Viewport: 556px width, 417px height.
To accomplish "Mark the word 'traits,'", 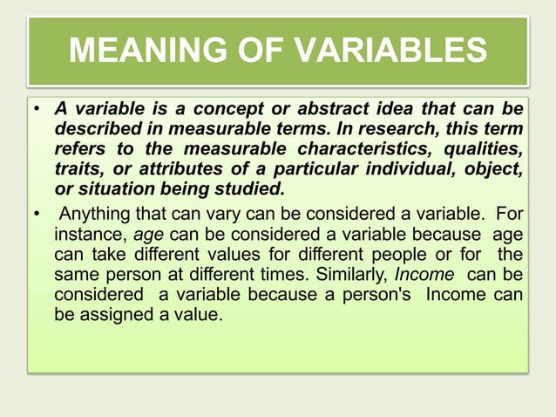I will click(78, 168).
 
